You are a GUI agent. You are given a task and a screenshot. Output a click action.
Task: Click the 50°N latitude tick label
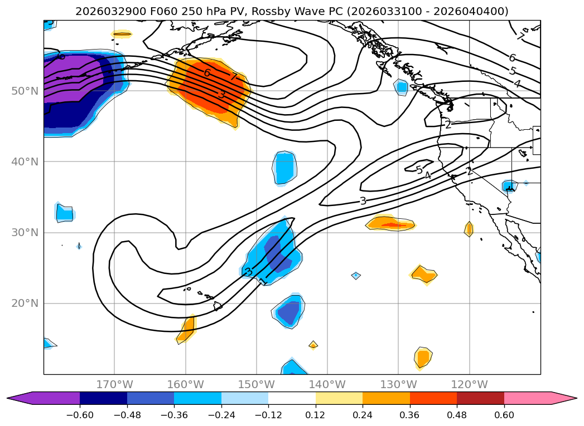[25, 91]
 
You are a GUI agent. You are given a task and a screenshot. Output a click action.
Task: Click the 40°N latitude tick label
[25, 161]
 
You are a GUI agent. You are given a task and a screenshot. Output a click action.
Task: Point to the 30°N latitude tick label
[25, 232]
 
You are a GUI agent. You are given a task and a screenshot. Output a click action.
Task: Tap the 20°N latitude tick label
[25, 303]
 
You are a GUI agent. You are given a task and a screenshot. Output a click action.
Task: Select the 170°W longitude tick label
[114, 384]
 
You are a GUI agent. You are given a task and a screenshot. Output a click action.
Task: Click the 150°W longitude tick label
[256, 384]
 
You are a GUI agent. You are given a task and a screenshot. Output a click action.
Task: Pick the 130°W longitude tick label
[398, 384]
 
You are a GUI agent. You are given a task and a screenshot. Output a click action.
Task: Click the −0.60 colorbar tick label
[79, 415]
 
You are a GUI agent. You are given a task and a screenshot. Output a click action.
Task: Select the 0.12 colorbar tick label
[315, 415]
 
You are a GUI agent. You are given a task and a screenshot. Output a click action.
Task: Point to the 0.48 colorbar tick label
[457, 415]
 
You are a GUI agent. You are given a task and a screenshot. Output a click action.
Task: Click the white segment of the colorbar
[292, 398]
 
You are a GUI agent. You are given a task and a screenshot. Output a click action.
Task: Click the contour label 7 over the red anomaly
[234, 77]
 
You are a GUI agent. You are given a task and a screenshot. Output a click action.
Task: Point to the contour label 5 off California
[419, 170]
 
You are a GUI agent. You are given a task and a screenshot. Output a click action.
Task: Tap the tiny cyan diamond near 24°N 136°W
[356, 275]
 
